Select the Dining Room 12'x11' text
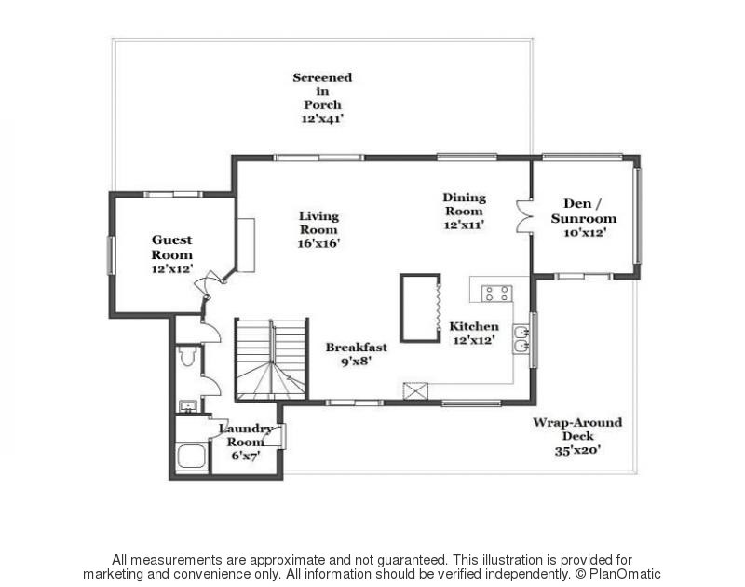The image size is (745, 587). coord(464,211)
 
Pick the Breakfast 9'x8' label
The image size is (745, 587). coord(356,354)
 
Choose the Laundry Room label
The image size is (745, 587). coord(246,436)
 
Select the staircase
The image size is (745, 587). coord(271,359)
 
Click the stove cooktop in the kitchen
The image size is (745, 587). coord(495,293)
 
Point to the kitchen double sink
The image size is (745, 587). coord(521,339)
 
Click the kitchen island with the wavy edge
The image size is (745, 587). coord(419,307)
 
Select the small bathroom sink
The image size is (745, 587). coord(187,406)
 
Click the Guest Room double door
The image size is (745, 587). coord(213,281)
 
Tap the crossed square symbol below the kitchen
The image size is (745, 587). coord(414,390)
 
